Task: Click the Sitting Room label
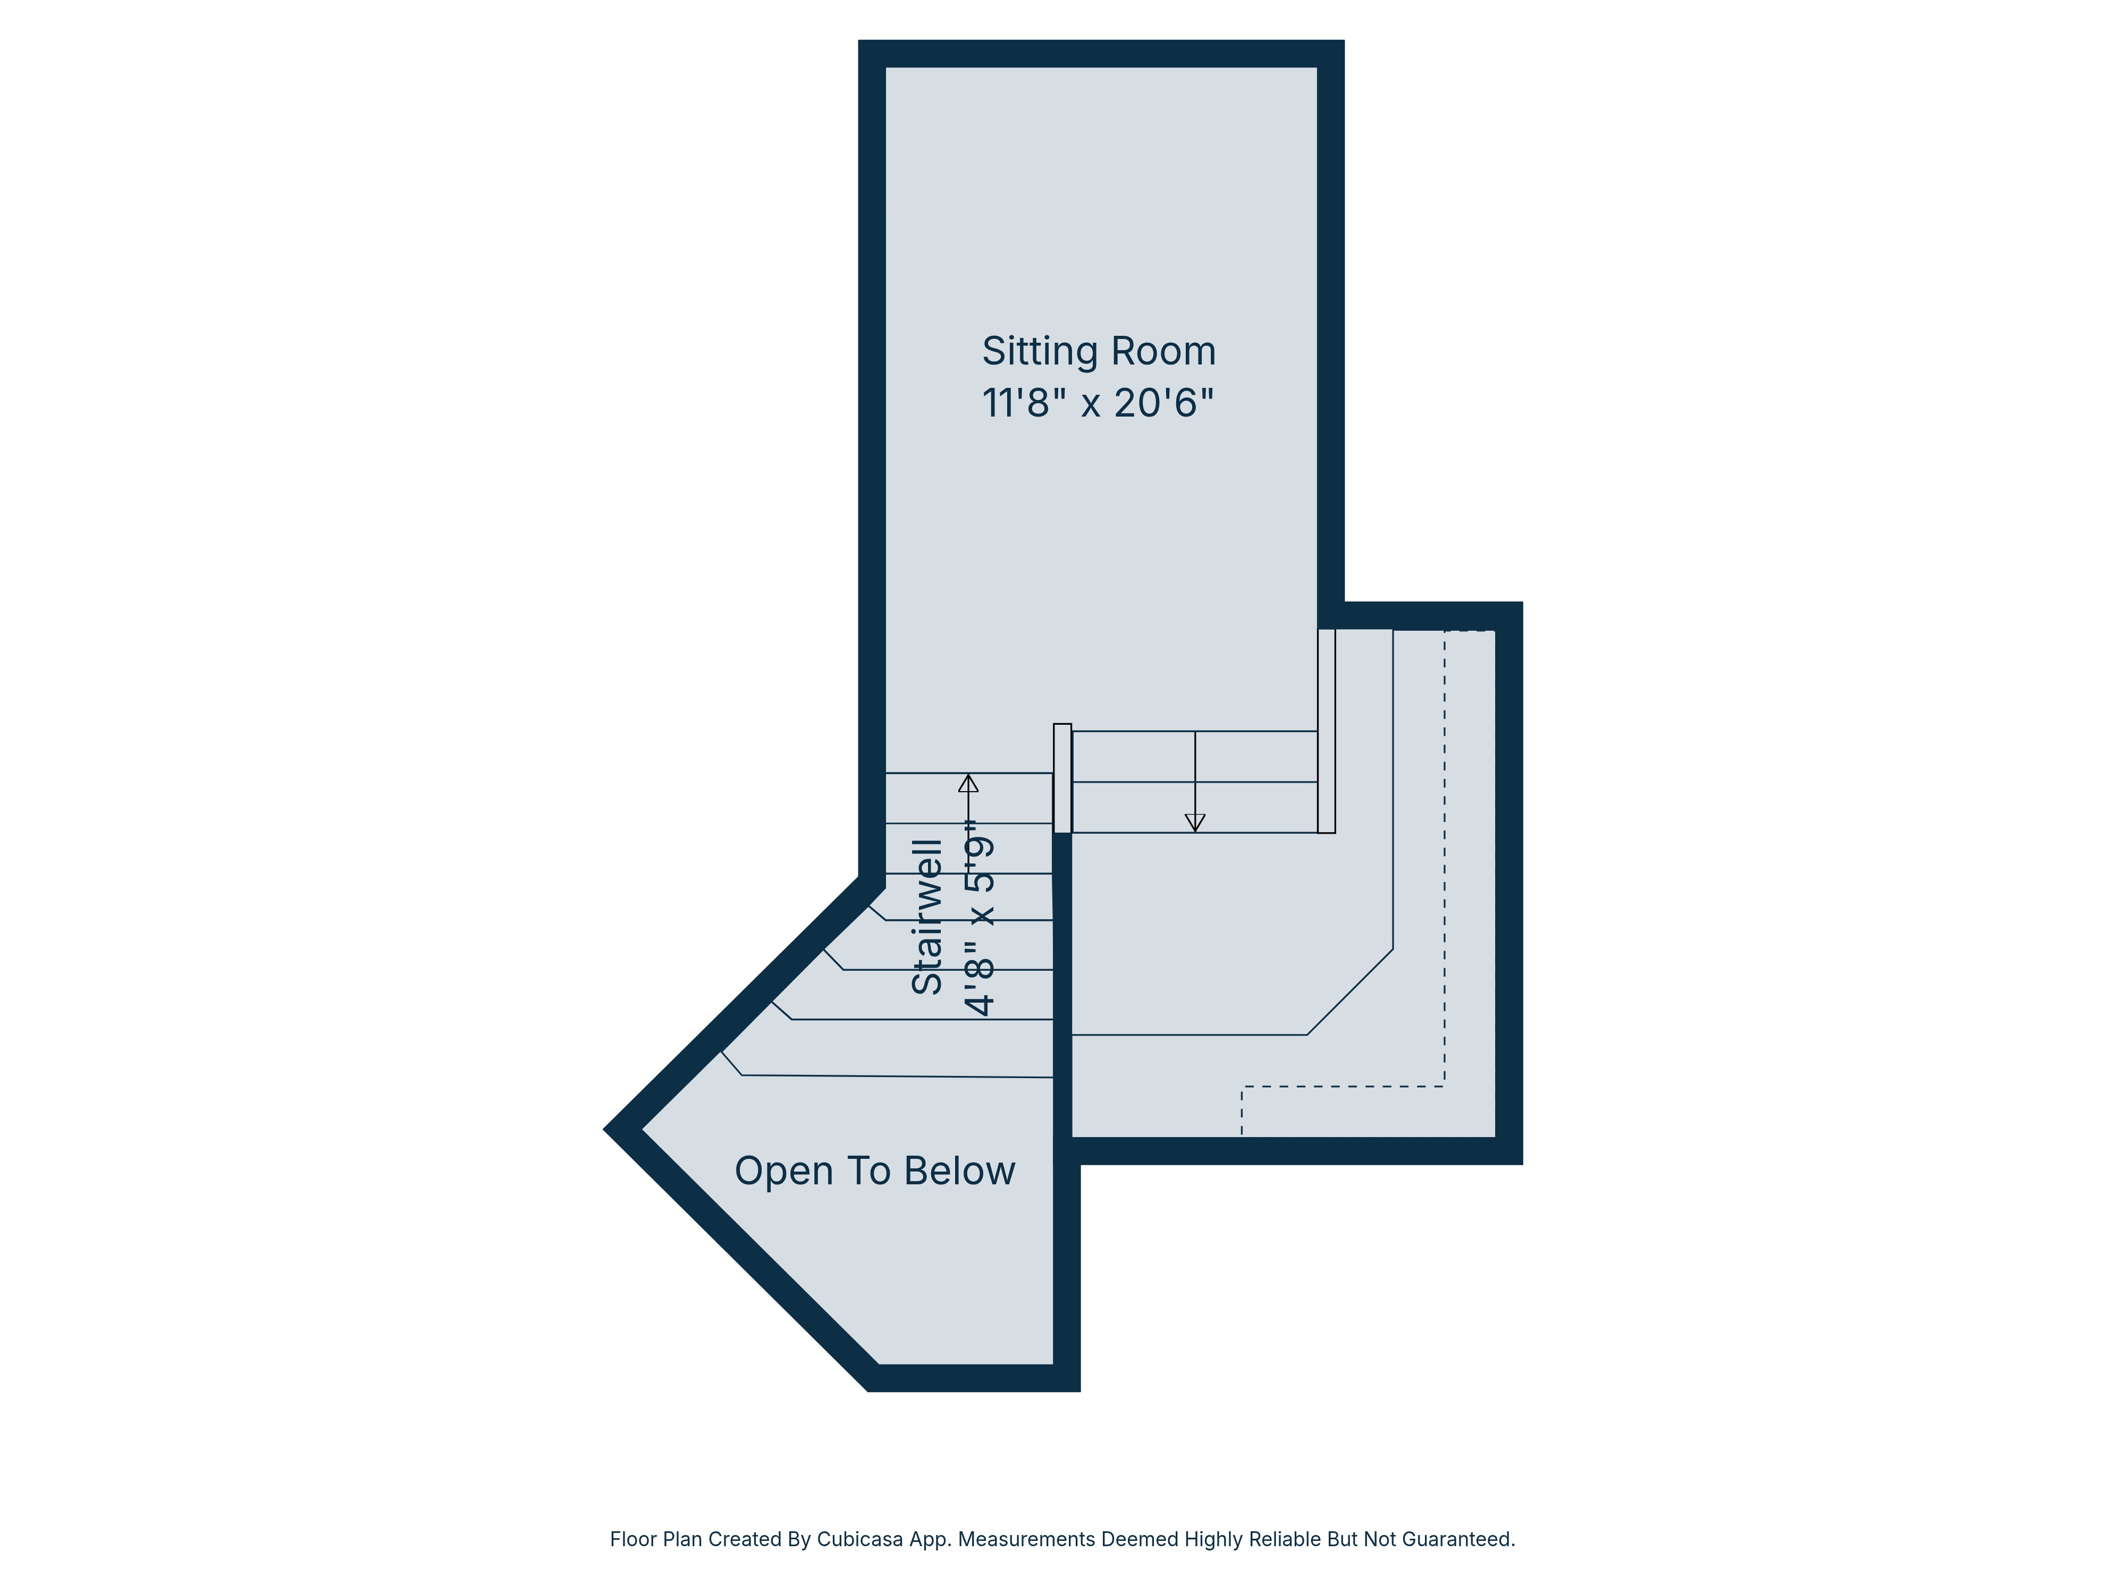point(1099,352)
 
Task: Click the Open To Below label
point(875,1171)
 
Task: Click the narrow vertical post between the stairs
point(1062,778)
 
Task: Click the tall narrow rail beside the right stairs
point(1326,730)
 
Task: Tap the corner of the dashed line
point(1444,1087)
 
